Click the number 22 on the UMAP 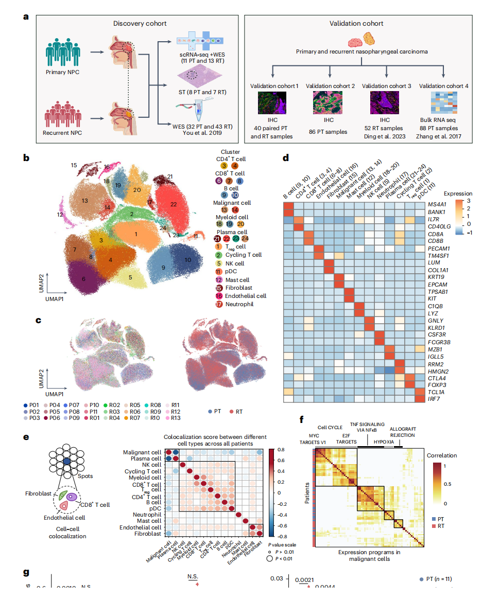click(x=174, y=205)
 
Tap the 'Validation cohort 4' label click(x=445, y=85)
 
